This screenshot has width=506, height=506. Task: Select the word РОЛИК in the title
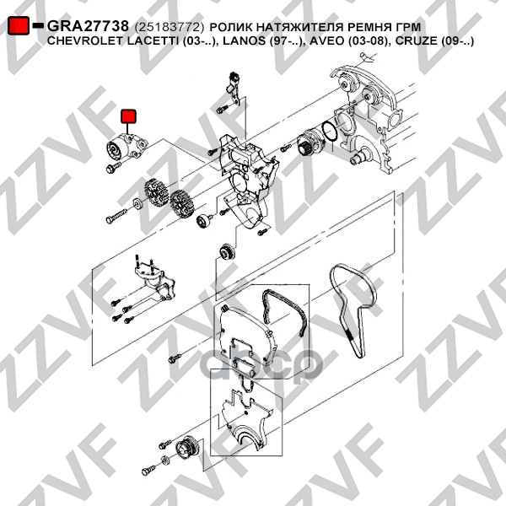[230, 27]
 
